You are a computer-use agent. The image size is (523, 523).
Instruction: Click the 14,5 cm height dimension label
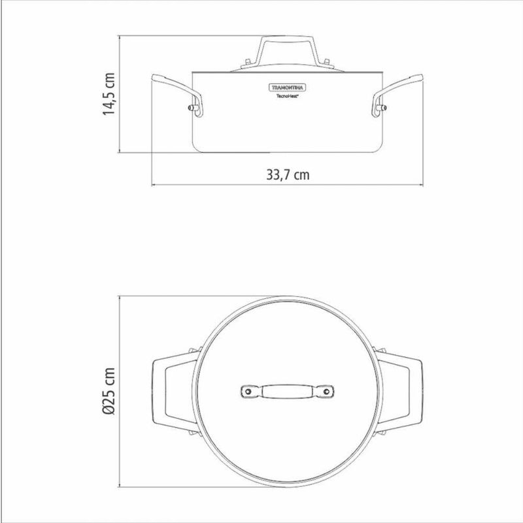coord(109,94)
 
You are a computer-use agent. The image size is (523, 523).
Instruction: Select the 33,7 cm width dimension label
coord(288,175)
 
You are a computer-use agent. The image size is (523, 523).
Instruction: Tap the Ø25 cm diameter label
coord(109,391)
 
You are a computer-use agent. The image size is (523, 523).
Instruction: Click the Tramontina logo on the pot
coord(288,88)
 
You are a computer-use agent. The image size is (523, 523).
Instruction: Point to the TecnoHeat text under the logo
coord(288,95)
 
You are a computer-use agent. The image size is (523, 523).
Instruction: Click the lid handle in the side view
coord(288,50)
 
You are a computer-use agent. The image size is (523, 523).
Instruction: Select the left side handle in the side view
coord(177,95)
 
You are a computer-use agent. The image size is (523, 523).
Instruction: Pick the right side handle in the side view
coord(397,95)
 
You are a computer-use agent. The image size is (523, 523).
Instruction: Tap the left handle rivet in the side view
coord(191,108)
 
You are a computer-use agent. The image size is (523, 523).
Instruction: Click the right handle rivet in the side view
coord(384,108)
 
